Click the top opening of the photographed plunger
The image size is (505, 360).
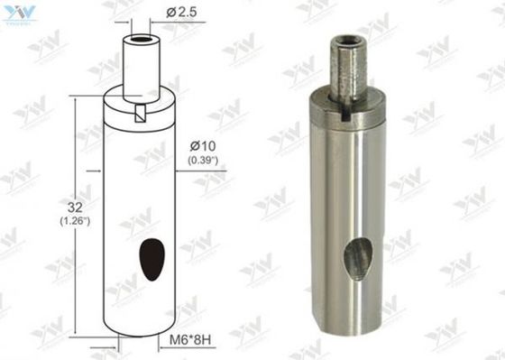[x=348, y=42]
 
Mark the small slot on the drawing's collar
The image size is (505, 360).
[x=140, y=112]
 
